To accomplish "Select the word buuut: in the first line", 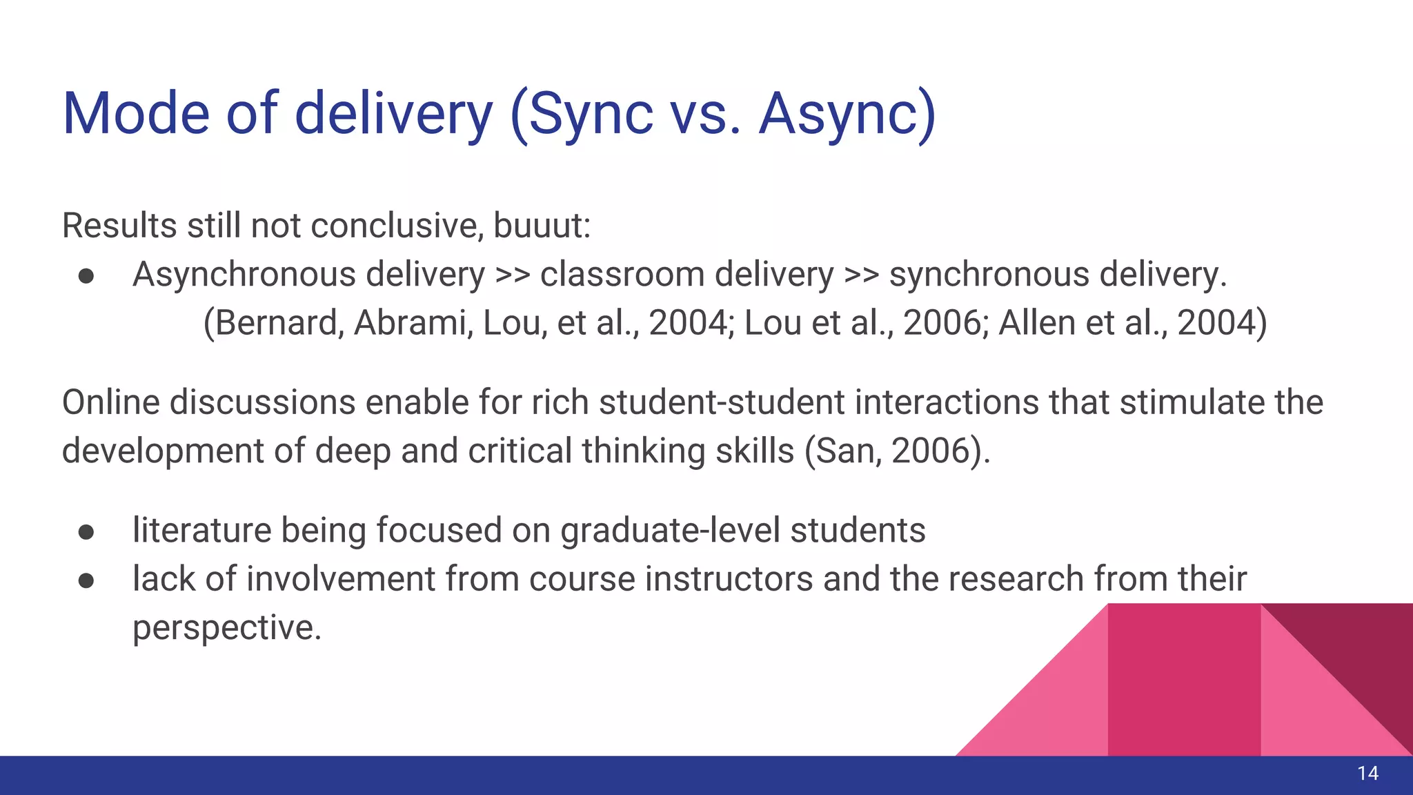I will pyautogui.click(x=542, y=226).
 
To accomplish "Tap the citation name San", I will pyautogui.click(x=845, y=451).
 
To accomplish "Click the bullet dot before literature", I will pyautogui.click(x=86, y=531).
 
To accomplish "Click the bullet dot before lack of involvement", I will pyautogui.click(x=86, y=580).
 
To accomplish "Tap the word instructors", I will pyautogui.click(x=729, y=579).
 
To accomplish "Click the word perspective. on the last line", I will pyautogui.click(x=227, y=629).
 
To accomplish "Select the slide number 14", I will pyautogui.click(x=1367, y=774).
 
